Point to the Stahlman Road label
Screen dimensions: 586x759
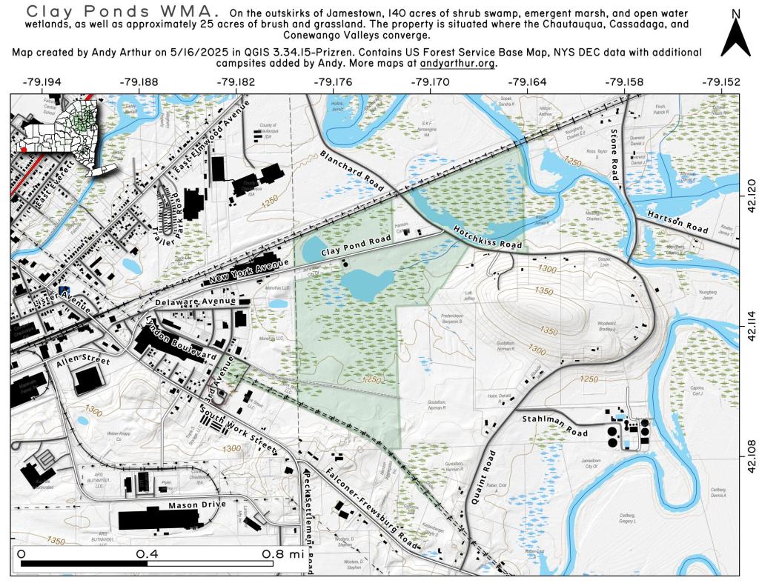click(555, 425)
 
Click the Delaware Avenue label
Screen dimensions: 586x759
click(196, 302)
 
